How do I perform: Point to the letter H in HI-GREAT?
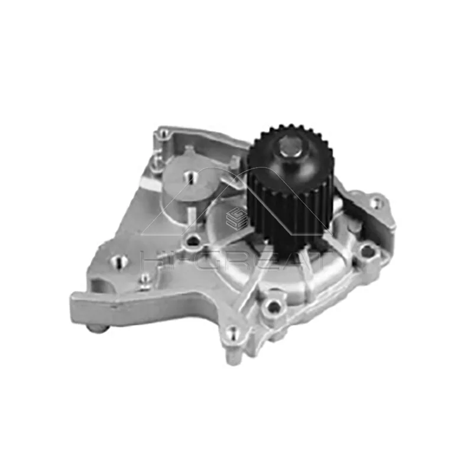click(x=150, y=260)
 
